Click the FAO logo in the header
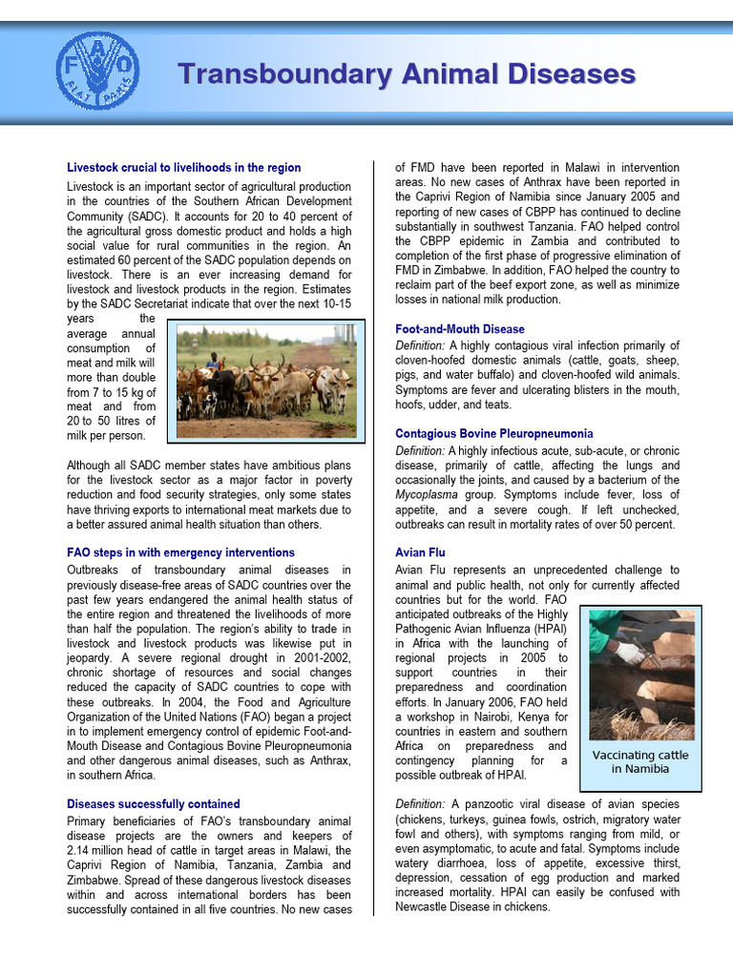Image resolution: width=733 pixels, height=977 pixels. point(96,71)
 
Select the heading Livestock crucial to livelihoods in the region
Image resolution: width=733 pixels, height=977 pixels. point(183,167)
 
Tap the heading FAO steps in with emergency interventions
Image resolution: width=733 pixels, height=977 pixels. point(180,552)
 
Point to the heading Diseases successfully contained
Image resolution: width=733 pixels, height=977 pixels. point(153,804)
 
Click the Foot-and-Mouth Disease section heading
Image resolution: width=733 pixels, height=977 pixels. point(459,329)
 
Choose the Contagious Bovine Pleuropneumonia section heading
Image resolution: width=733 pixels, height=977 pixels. point(493,433)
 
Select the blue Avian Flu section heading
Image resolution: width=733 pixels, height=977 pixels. point(420,552)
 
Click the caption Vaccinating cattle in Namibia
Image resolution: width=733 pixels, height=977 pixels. point(639,761)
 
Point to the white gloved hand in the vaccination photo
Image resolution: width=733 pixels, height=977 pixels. point(629,653)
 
